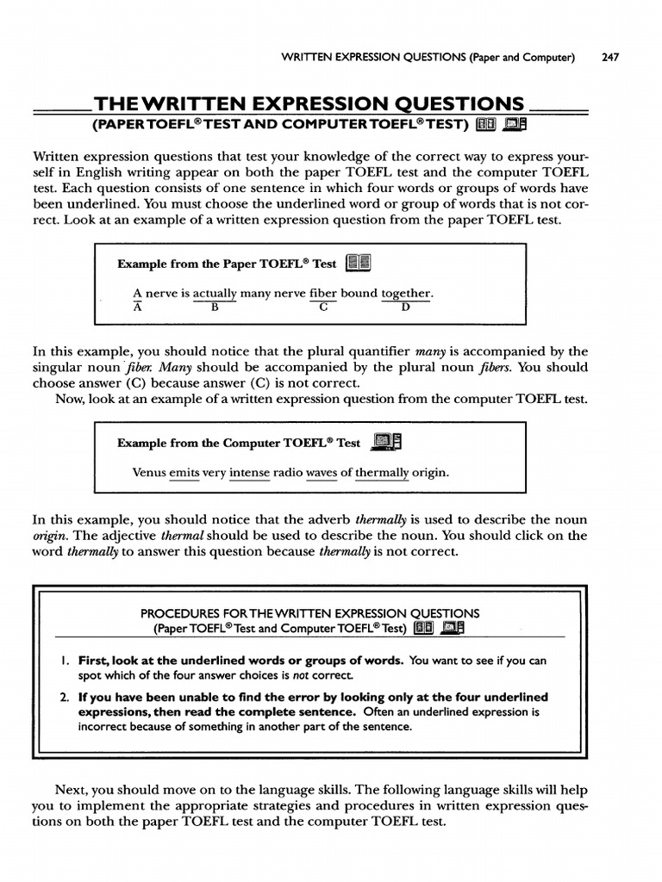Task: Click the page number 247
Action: coord(609,58)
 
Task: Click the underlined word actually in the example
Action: coord(215,294)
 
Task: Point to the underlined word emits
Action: coord(184,473)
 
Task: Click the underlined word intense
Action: coord(249,473)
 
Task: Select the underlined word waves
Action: coord(322,473)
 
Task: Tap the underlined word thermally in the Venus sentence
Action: coord(383,473)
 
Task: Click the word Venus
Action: coord(149,473)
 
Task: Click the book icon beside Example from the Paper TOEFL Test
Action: coord(357,264)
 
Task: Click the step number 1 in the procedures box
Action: coord(66,661)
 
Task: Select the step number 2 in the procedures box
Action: coord(65,697)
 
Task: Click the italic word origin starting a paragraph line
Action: coord(49,536)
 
